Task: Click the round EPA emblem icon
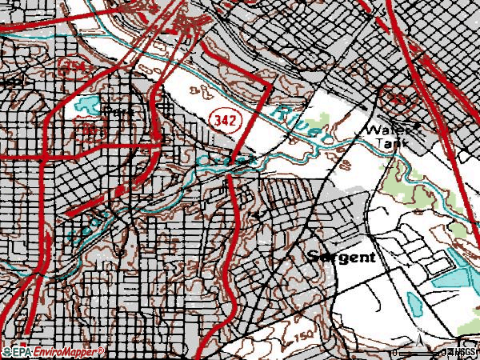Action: (x=6, y=352)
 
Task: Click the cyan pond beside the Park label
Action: (x=85, y=103)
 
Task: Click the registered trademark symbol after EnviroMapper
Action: (x=101, y=350)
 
